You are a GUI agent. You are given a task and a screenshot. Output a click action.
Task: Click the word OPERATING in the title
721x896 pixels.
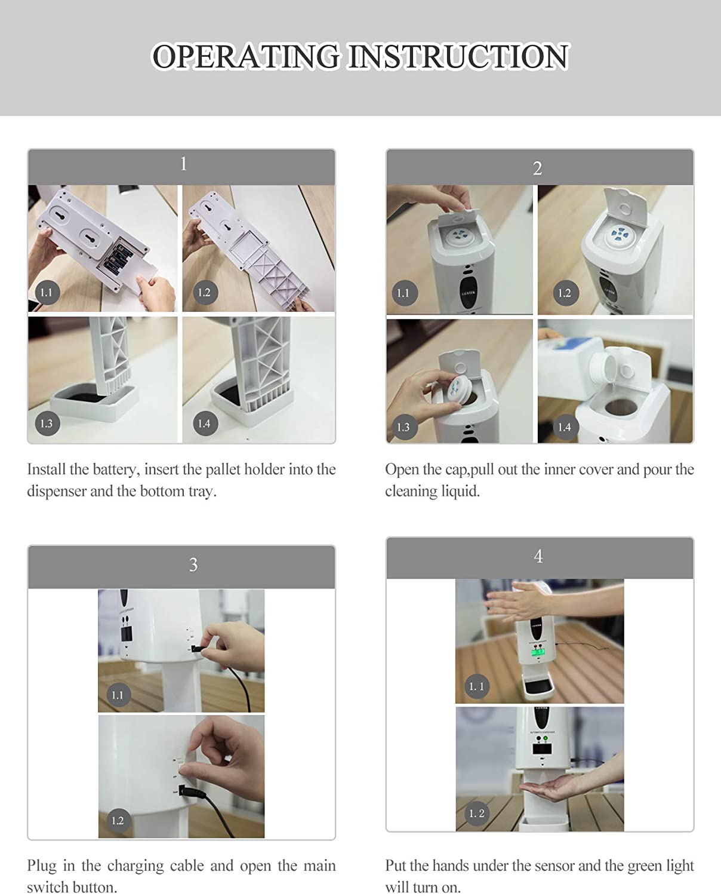click(x=246, y=57)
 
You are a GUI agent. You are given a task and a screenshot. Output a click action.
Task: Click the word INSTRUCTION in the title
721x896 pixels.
click(x=458, y=57)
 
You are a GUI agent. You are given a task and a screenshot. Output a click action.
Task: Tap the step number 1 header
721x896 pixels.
click(x=183, y=164)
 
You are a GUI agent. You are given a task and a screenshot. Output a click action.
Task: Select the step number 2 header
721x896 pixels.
click(x=538, y=168)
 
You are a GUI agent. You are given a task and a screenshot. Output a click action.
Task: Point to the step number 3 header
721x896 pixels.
click(x=193, y=564)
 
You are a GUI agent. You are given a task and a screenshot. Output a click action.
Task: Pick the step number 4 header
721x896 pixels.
click(x=538, y=556)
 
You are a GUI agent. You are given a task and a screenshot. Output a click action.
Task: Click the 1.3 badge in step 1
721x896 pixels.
click(x=47, y=424)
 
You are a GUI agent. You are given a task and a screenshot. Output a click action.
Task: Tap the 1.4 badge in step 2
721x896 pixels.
click(x=565, y=426)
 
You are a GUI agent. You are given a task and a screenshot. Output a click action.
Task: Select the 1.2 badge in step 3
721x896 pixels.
click(x=118, y=820)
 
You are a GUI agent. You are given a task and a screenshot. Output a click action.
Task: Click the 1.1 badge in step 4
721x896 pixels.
click(x=476, y=686)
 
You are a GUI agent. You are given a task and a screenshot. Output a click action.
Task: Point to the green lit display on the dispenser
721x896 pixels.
click(x=538, y=652)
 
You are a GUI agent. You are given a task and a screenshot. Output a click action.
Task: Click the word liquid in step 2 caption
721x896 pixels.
click(x=461, y=491)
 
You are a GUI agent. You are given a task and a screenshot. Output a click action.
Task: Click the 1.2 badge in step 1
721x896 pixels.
click(x=204, y=292)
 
